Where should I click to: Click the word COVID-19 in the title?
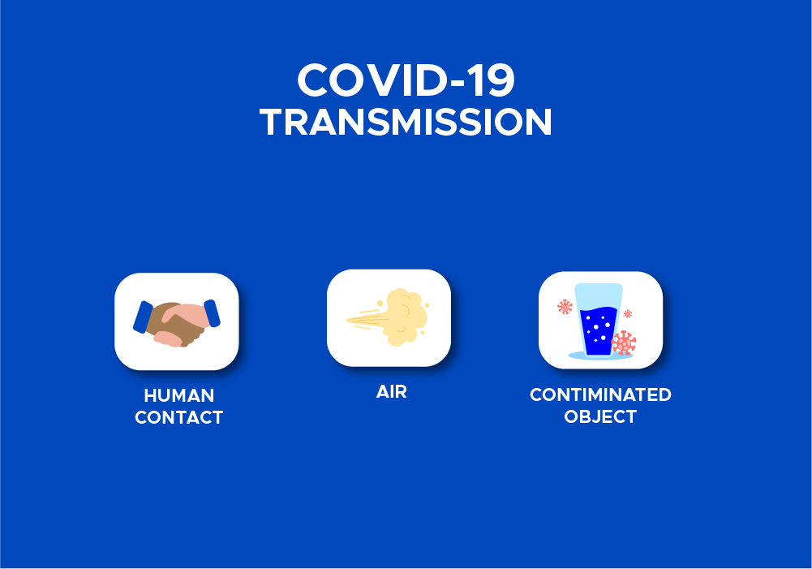pyautogui.click(x=406, y=80)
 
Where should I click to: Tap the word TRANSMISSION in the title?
pyautogui.click(x=406, y=123)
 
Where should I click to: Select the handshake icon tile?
pyautogui.click(x=177, y=321)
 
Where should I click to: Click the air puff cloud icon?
pyautogui.click(x=406, y=317)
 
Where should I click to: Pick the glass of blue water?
pyautogui.click(x=598, y=320)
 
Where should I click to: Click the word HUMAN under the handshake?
pyautogui.click(x=178, y=395)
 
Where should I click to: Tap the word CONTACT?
pyautogui.click(x=178, y=417)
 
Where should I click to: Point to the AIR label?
pyautogui.click(x=392, y=392)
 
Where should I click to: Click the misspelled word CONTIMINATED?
pyautogui.click(x=601, y=394)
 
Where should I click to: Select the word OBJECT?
pyautogui.click(x=600, y=416)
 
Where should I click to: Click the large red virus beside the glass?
pyautogui.click(x=624, y=343)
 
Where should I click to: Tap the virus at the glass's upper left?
pyautogui.click(x=565, y=306)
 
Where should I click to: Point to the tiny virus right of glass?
pyautogui.click(x=628, y=313)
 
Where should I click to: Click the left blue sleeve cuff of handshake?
pyautogui.click(x=143, y=317)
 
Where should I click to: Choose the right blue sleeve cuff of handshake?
pyautogui.click(x=212, y=313)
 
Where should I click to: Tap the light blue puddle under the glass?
pyautogui.click(x=600, y=356)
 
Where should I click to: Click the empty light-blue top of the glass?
pyautogui.click(x=599, y=296)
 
